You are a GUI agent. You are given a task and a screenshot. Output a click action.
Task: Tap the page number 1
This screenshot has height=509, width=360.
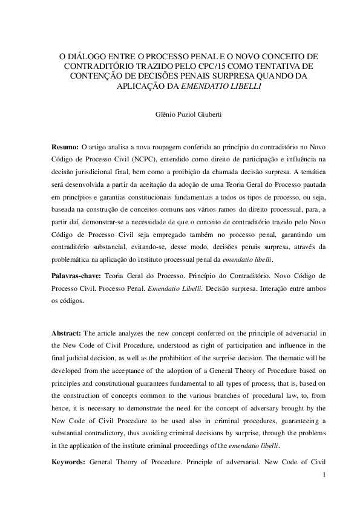point(324,475)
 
